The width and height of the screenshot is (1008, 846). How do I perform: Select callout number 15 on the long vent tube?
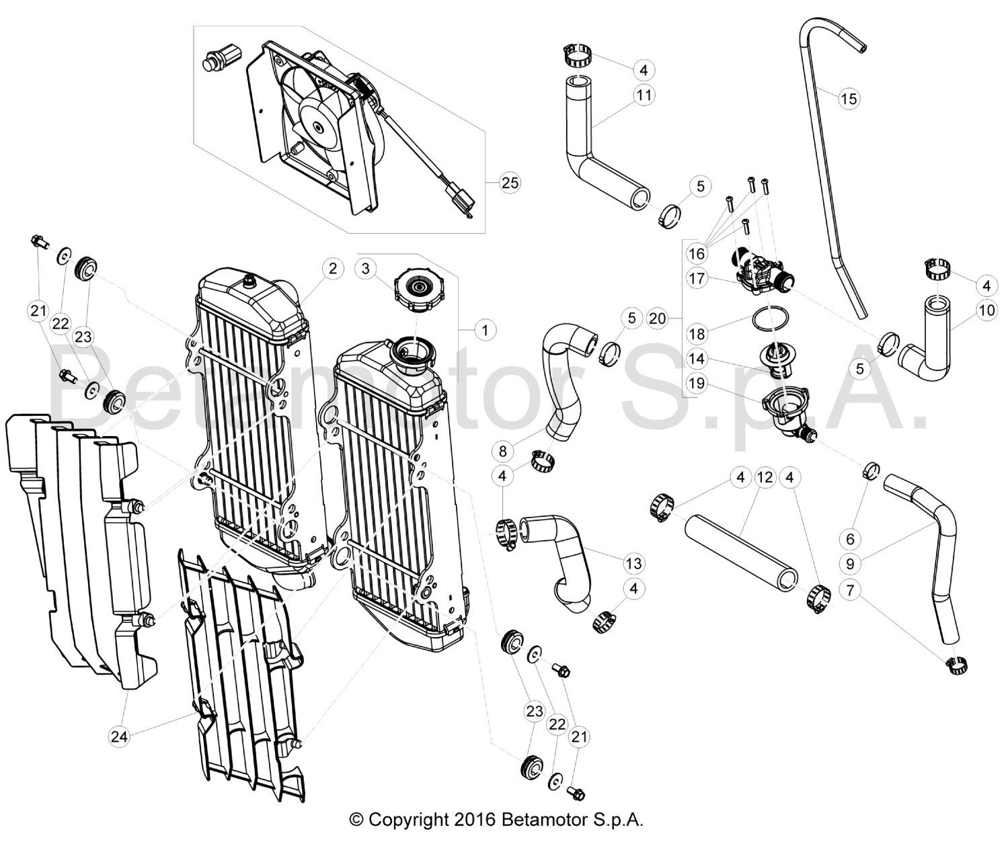(849, 99)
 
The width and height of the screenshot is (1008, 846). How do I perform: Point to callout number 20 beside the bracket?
(657, 318)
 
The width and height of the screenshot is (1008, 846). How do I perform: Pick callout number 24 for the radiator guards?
(119, 736)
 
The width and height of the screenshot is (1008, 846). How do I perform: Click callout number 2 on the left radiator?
(332, 268)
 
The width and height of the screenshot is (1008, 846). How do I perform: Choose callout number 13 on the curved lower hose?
(633, 563)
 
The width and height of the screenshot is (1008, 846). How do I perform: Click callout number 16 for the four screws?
(697, 253)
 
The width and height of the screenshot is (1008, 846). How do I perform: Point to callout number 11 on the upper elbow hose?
(644, 95)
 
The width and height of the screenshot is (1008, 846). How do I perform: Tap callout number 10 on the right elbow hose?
(986, 310)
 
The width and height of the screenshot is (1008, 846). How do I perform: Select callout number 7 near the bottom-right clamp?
(851, 591)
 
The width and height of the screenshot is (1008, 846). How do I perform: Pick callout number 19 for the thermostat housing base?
(697, 384)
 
